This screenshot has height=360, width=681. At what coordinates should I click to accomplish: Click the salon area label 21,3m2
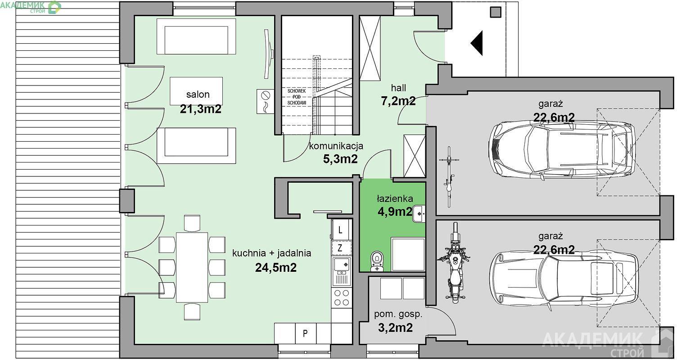pos(201,109)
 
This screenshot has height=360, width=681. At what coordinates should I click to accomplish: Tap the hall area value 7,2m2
pos(398,101)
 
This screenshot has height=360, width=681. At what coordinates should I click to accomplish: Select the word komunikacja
pos(336,146)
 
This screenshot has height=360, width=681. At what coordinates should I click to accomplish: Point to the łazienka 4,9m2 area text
pos(395,211)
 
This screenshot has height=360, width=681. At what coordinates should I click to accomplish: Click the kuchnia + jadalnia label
pos(271,253)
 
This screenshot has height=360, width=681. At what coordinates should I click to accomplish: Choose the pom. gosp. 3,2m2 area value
pos(396,328)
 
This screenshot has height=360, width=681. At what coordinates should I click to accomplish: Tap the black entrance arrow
pos(477,43)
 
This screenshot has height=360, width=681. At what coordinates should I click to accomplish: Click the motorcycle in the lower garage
pos(455,263)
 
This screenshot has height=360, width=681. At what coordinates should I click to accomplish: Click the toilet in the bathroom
pos(377,261)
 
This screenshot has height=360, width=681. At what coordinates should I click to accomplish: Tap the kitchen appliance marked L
pos(340,230)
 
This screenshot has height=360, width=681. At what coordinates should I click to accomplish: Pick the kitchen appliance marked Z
pos(340,248)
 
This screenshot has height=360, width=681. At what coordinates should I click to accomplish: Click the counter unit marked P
pos(306,333)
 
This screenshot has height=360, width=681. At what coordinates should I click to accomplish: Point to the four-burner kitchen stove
pos(342,297)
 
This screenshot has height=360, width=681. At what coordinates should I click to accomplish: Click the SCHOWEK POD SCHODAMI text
pos(297,97)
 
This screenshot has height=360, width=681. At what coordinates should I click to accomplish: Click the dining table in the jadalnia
pos(192,267)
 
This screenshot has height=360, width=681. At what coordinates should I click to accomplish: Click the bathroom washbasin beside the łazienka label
pos(419,214)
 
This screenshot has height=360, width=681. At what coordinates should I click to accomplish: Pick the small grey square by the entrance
pos(496,12)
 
